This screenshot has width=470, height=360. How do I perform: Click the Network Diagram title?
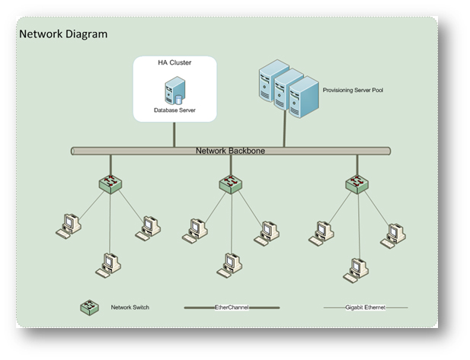click(x=63, y=34)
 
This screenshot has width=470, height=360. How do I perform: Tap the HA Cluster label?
click(x=174, y=62)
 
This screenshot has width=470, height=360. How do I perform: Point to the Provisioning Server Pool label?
click(x=352, y=89)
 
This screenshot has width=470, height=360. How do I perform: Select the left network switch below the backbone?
click(x=110, y=183)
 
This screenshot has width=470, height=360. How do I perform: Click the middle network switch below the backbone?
click(x=229, y=183)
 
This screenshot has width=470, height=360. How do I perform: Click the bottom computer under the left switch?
click(x=108, y=264)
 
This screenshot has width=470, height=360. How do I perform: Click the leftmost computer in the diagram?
click(x=69, y=225)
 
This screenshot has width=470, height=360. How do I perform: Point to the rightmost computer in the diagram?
click(x=394, y=234)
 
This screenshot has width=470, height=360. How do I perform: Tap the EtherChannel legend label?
click(x=231, y=307)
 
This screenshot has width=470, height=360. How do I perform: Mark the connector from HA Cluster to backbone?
click(x=174, y=134)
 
